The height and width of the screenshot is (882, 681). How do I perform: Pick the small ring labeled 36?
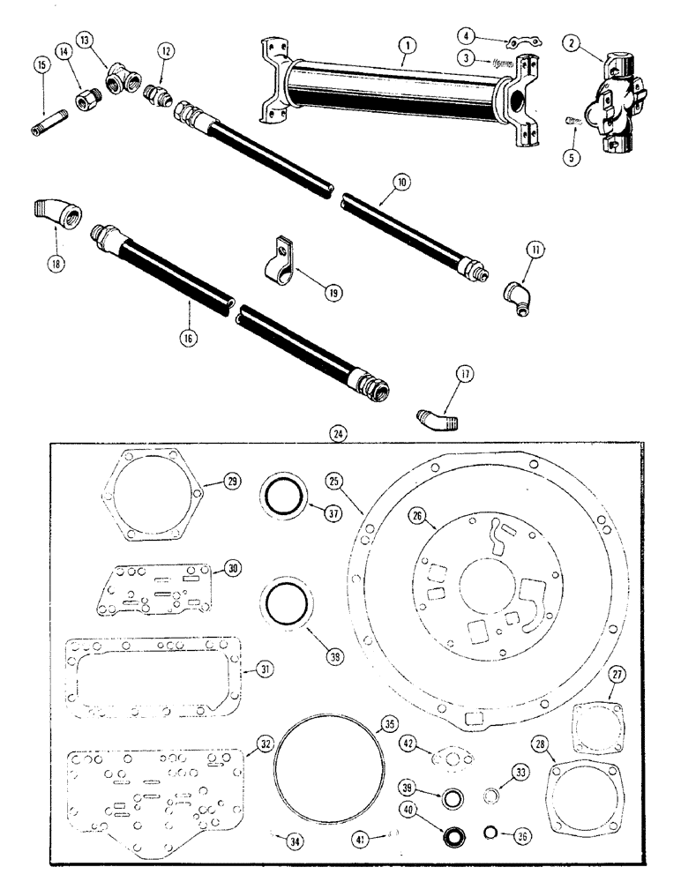point(490,833)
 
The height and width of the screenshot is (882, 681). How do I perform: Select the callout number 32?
point(263,744)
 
